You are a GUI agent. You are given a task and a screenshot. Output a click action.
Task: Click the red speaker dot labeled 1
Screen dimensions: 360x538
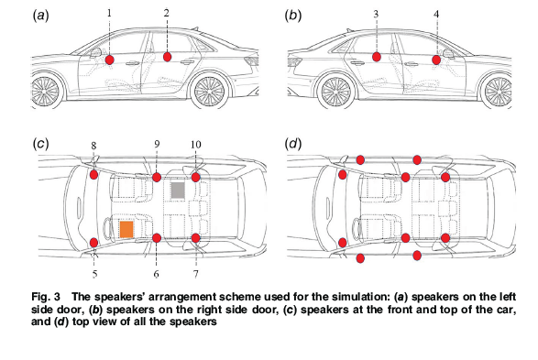[110, 60]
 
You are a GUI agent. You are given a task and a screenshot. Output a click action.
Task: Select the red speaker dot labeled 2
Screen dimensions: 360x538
[168, 57]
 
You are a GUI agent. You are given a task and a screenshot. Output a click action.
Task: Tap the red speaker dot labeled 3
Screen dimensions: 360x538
[377, 58]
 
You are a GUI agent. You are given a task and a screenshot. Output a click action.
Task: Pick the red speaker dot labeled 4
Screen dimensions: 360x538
[436, 60]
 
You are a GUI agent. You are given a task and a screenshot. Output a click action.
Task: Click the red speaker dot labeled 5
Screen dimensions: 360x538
[94, 242]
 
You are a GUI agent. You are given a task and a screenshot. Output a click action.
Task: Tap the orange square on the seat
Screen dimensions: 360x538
[126, 229]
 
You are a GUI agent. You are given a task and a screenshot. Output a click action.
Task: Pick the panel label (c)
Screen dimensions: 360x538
[40, 144]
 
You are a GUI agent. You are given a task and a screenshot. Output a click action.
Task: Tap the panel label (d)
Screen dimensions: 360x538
[294, 144]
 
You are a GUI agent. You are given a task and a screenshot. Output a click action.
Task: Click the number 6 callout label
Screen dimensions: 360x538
[157, 274]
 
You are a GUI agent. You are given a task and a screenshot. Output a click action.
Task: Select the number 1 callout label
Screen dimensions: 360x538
[109, 13]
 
